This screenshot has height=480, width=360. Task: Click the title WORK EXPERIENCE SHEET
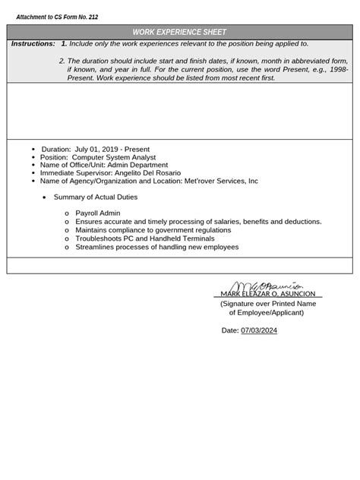(179, 33)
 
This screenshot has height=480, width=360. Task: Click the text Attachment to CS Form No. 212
(57, 17)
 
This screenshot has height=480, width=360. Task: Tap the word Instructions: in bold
(33, 44)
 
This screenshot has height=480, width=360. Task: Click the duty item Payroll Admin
(98, 213)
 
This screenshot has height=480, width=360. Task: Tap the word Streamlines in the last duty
(96, 247)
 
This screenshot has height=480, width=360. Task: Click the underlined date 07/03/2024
(259, 331)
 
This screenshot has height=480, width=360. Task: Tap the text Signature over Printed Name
(267, 304)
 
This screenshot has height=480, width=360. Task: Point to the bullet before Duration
(33, 150)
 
